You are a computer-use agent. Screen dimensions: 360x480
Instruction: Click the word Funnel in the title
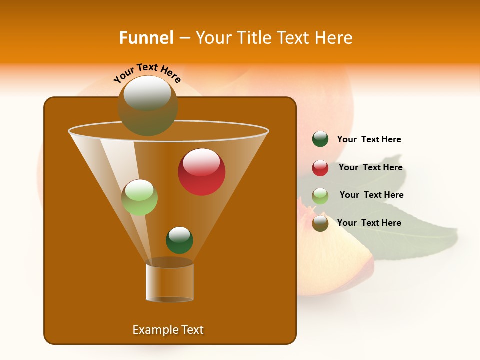coord(146,38)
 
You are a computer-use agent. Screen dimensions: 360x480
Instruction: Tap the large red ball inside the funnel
coord(201,172)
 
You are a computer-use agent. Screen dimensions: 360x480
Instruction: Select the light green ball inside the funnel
coord(140,197)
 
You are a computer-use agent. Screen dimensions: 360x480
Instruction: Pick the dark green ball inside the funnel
coord(179,240)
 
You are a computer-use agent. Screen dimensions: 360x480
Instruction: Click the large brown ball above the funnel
coord(148,105)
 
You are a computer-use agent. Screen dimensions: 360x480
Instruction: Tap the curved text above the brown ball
coord(147,73)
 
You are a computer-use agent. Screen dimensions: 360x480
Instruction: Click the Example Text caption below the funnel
coord(168,330)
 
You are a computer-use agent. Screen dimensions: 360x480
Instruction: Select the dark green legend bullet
coord(320,139)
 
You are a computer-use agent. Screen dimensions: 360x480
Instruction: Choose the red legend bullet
coord(320,168)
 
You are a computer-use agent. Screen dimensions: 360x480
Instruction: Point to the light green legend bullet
coord(320,196)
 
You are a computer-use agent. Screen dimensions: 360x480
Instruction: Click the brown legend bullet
coord(320,223)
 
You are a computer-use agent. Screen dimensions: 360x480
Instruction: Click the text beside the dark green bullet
coord(369,139)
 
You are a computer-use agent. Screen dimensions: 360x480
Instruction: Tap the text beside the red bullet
coord(370,167)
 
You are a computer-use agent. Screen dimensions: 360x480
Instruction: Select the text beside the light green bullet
coord(371,195)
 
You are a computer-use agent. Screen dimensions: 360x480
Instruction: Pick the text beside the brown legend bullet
coord(369,223)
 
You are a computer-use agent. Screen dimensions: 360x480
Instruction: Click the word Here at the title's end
coord(335,38)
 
